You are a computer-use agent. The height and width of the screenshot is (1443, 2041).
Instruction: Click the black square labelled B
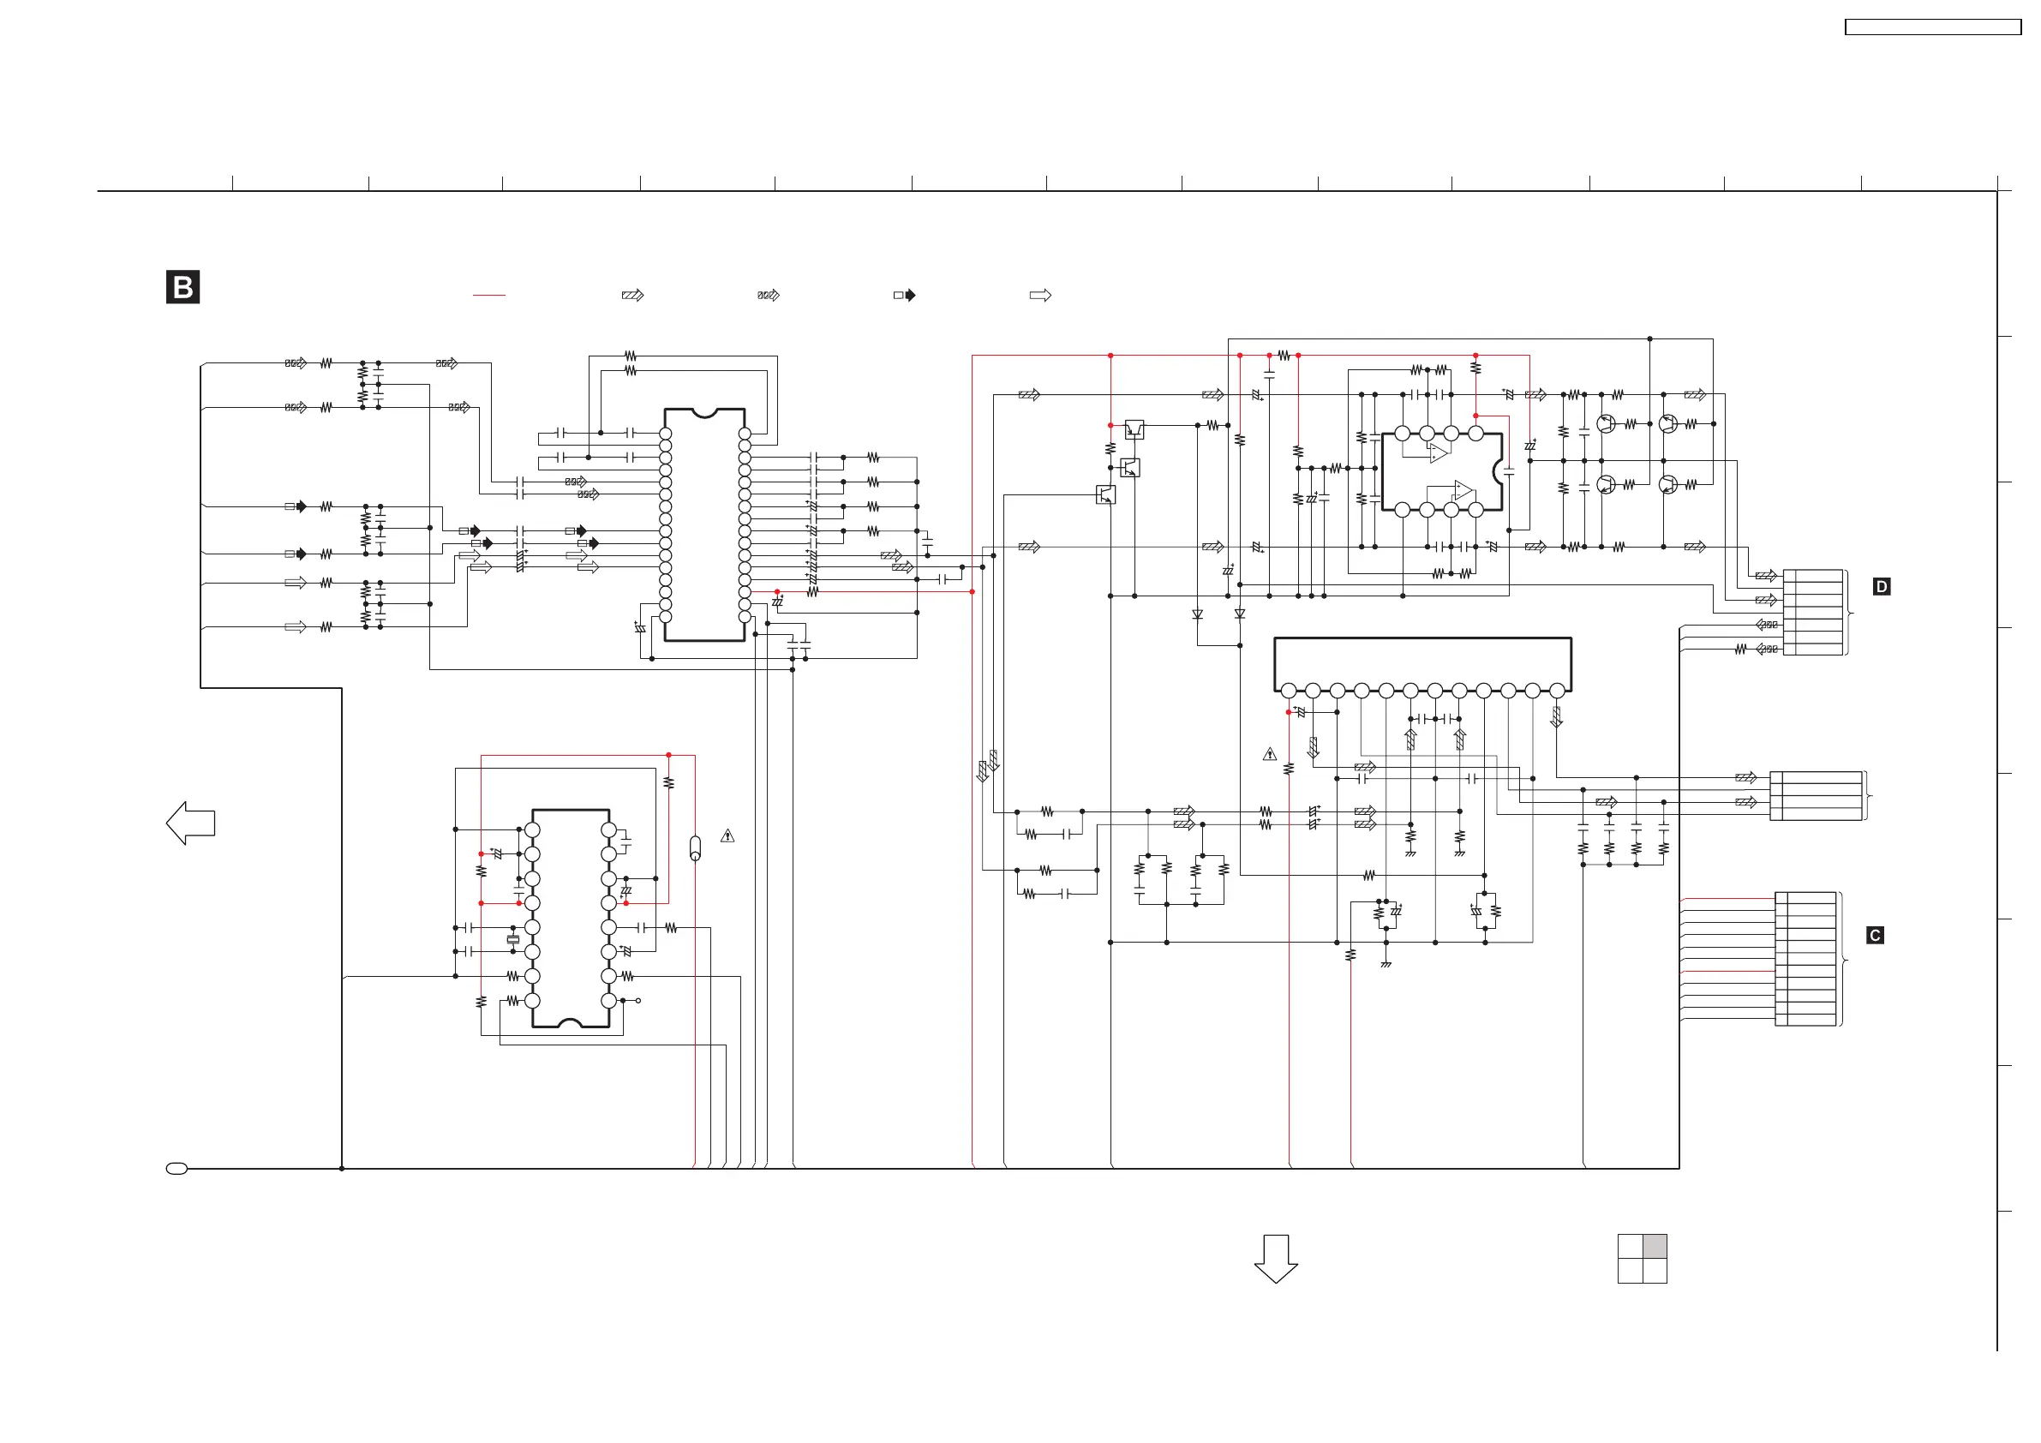[x=183, y=287]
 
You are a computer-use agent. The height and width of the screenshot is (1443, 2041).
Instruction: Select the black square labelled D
[x=1881, y=587]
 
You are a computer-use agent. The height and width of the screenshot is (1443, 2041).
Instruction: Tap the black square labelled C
[x=1875, y=936]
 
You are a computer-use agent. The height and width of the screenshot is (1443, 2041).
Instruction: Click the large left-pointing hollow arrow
[x=190, y=823]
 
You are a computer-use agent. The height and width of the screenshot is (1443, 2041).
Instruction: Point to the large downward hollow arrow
[x=1276, y=1258]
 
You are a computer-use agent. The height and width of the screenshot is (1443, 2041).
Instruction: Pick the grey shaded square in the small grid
[x=1655, y=1247]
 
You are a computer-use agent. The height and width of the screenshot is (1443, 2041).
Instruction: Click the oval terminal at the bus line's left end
[x=177, y=1168]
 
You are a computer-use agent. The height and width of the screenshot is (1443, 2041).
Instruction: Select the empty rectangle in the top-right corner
[x=1932, y=27]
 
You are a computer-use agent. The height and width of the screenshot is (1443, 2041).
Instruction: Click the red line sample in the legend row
[x=489, y=295]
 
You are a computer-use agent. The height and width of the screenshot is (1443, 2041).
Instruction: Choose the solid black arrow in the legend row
[x=905, y=295]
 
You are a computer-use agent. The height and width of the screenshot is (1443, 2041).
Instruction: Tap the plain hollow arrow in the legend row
[x=1040, y=295]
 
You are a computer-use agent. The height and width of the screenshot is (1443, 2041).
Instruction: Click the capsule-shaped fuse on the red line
[x=695, y=848]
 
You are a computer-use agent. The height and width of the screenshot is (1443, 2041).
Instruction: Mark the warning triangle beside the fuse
[x=727, y=835]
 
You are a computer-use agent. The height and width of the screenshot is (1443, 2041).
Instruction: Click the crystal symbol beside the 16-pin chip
[x=513, y=940]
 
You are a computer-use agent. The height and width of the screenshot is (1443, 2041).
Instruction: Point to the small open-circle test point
[x=638, y=1000]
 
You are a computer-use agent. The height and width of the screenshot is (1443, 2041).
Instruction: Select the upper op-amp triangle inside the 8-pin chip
[x=1439, y=453]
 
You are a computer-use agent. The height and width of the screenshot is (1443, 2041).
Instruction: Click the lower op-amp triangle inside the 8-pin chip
[x=1463, y=490]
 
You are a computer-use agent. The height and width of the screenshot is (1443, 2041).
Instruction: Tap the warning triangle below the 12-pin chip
[x=1269, y=754]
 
